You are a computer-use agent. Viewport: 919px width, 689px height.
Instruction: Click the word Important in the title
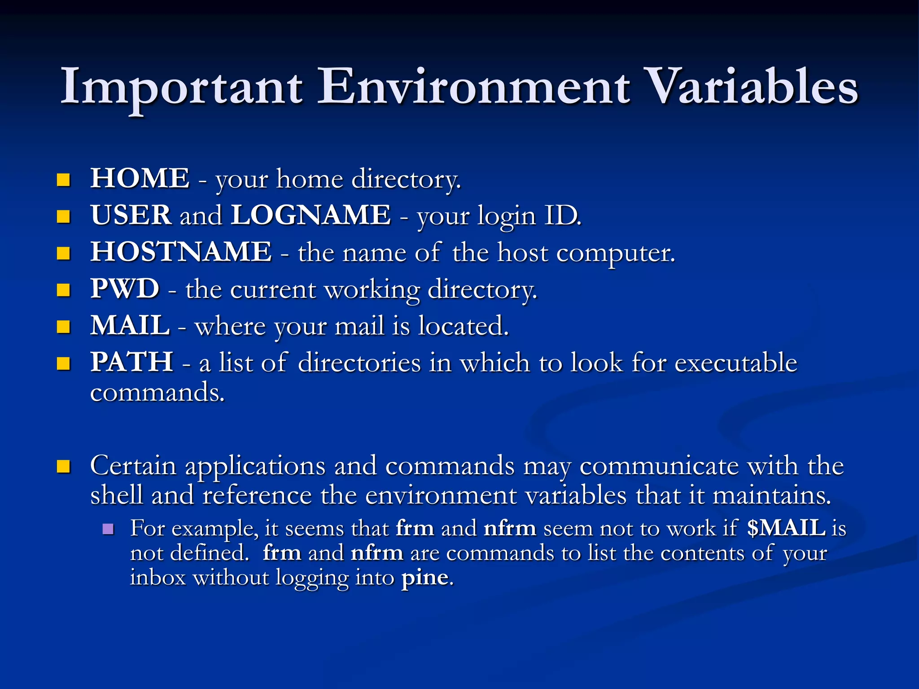(181, 87)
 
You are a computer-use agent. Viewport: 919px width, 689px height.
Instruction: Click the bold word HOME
(140, 179)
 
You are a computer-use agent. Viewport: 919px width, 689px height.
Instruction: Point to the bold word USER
(131, 215)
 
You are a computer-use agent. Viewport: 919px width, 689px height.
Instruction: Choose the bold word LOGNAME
(311, 215)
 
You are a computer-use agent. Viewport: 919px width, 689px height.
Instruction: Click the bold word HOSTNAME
(181, 252)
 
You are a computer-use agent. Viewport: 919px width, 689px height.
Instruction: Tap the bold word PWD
(125, 289)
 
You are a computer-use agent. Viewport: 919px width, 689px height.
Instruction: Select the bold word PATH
(132, 362)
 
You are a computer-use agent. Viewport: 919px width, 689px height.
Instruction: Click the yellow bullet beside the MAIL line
(64, 327)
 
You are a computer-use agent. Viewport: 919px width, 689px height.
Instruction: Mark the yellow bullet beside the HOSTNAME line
(64, 253)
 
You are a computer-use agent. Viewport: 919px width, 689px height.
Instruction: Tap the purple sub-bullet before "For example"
(108, 529)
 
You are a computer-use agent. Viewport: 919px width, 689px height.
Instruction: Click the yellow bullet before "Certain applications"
(64, 467)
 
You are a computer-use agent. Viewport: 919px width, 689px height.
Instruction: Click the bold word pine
(424, 578)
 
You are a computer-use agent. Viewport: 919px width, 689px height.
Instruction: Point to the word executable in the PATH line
(736, 362)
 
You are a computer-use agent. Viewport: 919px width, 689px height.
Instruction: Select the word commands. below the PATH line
(157, 393)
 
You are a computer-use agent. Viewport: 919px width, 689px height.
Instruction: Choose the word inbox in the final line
(158, 577)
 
